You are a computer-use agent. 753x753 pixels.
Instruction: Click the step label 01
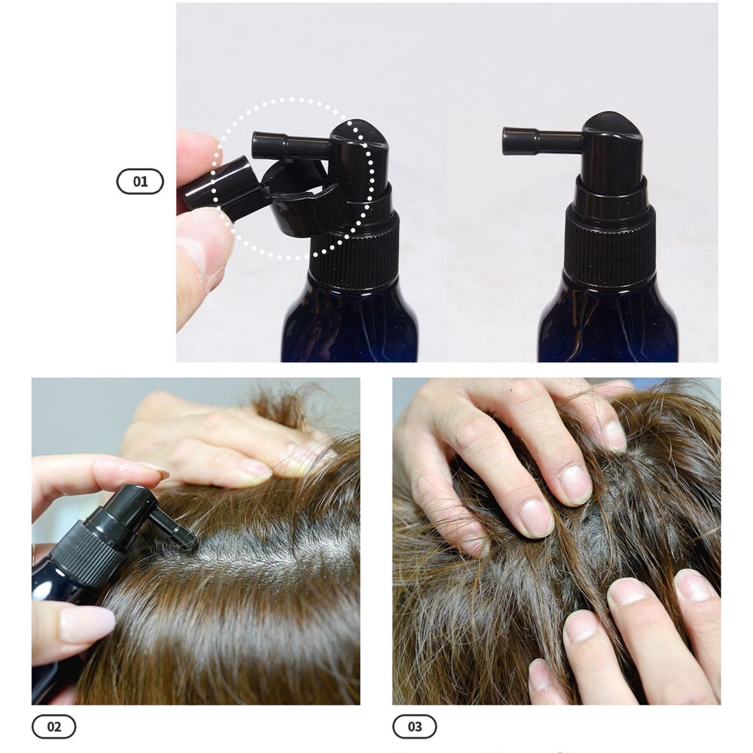(140, 181)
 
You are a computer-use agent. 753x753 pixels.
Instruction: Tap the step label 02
(53, 727)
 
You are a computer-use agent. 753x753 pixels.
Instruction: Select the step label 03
(415, 727)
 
